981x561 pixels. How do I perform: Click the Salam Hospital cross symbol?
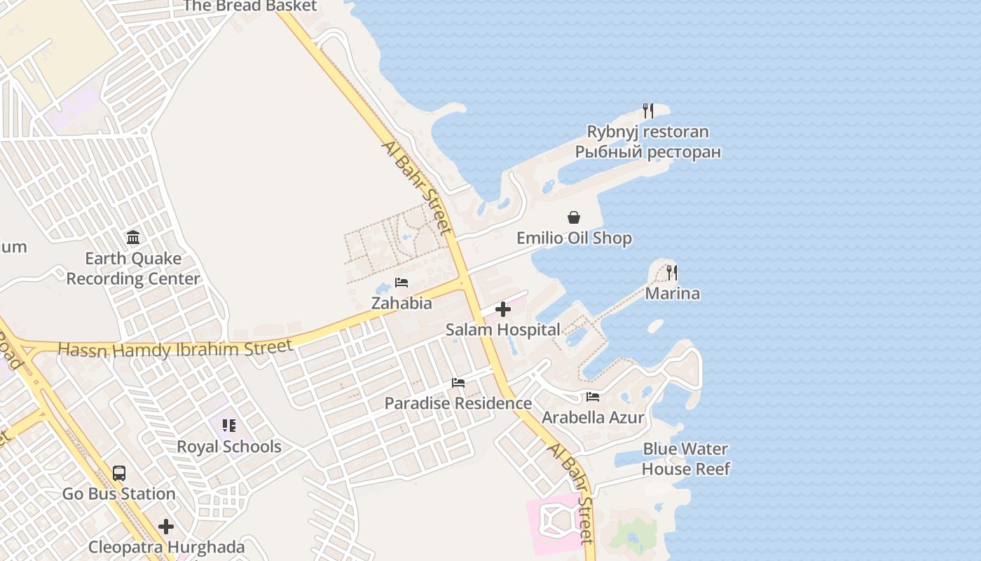(503, 309)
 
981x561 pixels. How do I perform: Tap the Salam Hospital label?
(502, 330)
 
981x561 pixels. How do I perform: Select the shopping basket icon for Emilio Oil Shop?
(574, 217)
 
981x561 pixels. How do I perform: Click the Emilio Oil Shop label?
(574, 238)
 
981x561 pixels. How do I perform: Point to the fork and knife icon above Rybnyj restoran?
(648, 111)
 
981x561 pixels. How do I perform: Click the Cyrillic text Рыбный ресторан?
(648, 152)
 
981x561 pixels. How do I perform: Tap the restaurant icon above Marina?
(672, 273)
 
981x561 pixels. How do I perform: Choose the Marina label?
(672, 293)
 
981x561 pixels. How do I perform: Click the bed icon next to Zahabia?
(402, 283)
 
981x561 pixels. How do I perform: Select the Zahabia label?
(402, 304)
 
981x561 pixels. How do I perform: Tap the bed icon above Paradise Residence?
(458, 383)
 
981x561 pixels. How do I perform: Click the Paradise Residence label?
(458, 404)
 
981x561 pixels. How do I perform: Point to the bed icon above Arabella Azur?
(593, 397)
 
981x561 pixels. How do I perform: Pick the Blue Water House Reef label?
(686, 459)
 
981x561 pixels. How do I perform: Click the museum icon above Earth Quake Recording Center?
(133, 238)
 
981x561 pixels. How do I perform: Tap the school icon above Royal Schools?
(229, 426)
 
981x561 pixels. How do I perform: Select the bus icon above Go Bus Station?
(119, 473)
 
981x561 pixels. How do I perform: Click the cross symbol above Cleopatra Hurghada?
(166, 526)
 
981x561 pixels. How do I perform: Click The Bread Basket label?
(250, 6)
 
